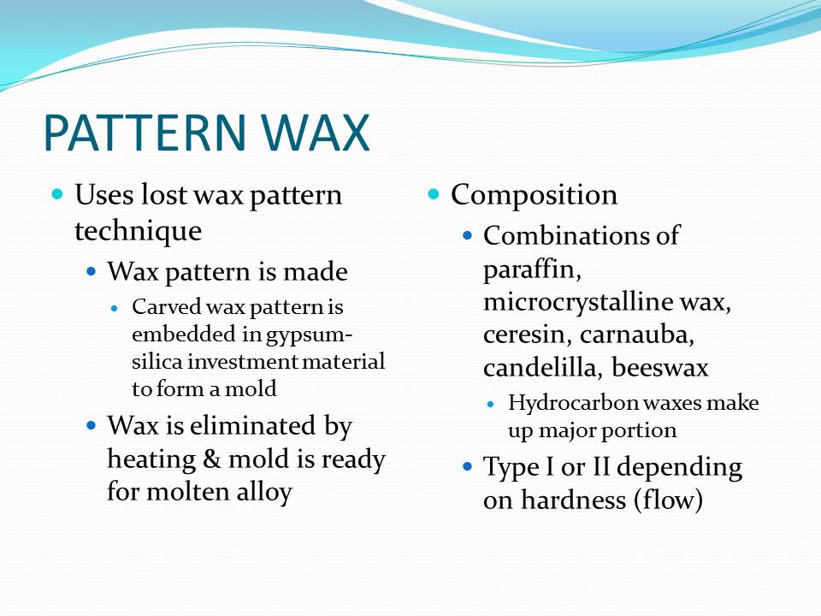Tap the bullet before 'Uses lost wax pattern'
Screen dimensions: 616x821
[58, 194]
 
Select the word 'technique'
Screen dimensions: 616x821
[138, 231]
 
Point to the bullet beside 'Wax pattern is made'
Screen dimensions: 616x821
[92, 272]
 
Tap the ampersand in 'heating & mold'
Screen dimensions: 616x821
[211, 460]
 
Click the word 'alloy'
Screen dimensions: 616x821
[263, 493]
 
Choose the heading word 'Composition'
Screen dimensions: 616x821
[534, 195]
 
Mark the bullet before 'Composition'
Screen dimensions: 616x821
[434, 194]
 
